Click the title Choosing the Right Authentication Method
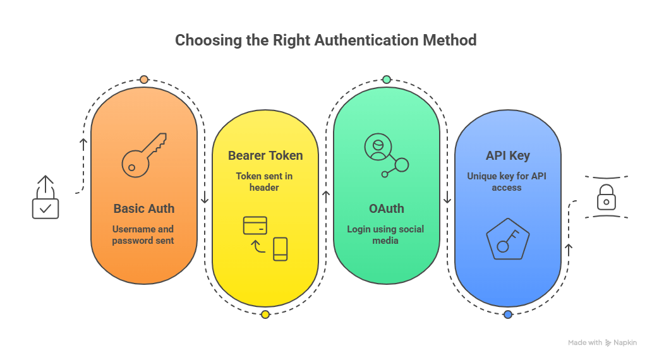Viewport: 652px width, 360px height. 325,40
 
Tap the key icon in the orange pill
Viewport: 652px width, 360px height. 143,154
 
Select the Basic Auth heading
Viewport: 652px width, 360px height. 144,208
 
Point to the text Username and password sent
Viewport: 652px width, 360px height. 143,235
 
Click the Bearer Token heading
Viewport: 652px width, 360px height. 265,155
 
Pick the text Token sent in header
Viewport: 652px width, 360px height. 265,182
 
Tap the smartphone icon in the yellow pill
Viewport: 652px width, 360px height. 281,249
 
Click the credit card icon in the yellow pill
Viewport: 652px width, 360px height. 255,225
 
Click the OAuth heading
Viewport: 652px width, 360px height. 385,208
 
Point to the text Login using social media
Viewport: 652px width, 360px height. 385,235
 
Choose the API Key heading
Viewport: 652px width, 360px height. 508,155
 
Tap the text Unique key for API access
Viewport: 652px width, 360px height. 507,182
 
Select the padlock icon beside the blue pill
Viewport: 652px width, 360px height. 606,197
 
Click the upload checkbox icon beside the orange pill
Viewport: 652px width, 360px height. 45,198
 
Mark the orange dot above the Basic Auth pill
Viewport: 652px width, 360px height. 144,80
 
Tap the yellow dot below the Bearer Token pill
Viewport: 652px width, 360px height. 265,315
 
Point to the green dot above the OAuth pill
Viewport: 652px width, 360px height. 387,80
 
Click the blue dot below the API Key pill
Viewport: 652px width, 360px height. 508,315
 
